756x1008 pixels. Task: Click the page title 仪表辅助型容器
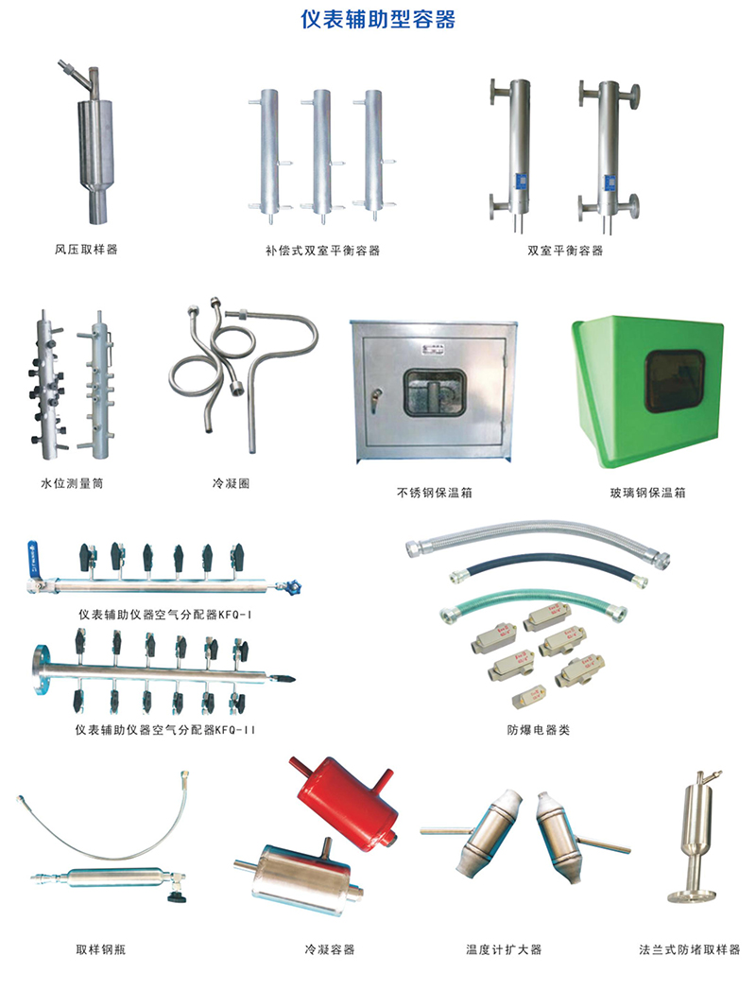(x=378, y=19)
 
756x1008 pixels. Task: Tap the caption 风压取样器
(x=86, y=249)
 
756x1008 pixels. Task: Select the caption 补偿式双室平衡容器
(x=322, y=250)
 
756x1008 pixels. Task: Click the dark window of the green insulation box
(x=675, y=381)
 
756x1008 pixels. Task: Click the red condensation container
(x=346, y=796)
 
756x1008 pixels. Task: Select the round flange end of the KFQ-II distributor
(x=40, y=669)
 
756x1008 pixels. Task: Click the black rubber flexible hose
(x=547, y=568)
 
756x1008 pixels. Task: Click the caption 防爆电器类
(x=539, y=730)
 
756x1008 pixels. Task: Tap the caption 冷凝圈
(x=231, y=483)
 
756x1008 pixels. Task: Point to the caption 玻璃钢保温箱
(x=647, y=493)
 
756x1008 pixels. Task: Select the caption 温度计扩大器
(x=504, y=949)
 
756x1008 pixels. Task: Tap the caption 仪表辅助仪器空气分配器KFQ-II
(x=165, y=730)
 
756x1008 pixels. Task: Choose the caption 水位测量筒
(x=72, y=483)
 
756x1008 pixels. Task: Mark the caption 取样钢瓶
(x=101, y=949)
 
